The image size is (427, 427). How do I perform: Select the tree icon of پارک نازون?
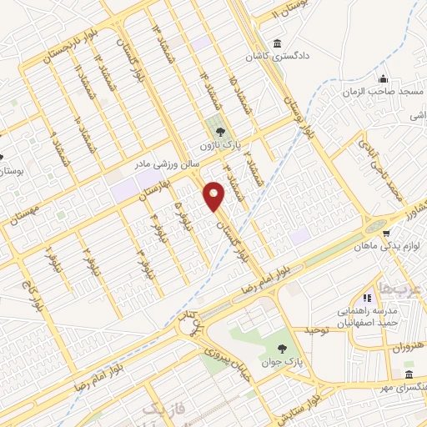tap(220, 131)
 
